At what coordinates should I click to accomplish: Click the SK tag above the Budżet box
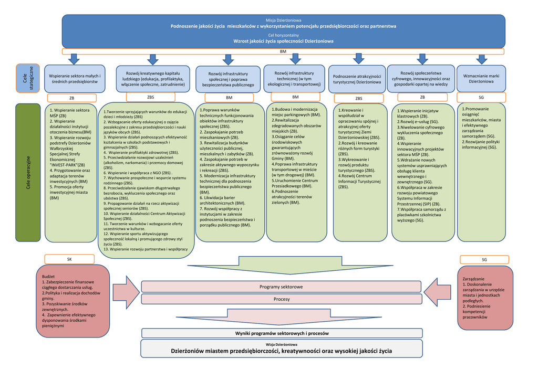69,259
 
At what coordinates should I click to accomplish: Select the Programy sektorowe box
281,287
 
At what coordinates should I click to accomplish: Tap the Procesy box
281,299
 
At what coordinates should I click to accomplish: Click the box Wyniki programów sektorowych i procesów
281,333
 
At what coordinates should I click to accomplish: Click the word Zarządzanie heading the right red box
473,278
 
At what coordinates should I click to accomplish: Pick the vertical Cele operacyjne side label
28,173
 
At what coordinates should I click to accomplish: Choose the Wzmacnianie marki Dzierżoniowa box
481,79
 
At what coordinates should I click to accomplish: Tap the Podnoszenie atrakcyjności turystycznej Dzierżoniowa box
357,79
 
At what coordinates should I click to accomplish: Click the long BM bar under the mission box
283,51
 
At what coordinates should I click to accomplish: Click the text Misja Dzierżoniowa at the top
283,20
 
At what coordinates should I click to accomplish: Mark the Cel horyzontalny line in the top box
283,35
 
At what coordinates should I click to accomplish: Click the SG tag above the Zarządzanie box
484,259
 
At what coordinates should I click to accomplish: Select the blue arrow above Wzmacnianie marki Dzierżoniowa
481,58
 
